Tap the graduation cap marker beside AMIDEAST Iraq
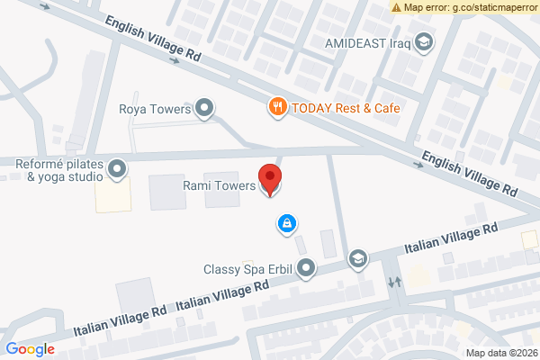tap(423, 41)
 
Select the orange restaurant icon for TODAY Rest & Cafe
tap(278, 107)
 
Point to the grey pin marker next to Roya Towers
tap(205, 109)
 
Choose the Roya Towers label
tap(156, 110)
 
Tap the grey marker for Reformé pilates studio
tap(117, 168)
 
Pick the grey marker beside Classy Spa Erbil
tap(307, 267)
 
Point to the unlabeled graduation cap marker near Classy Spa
tap(358, 259)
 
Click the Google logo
tap(30, 349)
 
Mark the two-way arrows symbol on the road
tap(394, 281)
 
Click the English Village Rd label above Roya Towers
tap(153, 38)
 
